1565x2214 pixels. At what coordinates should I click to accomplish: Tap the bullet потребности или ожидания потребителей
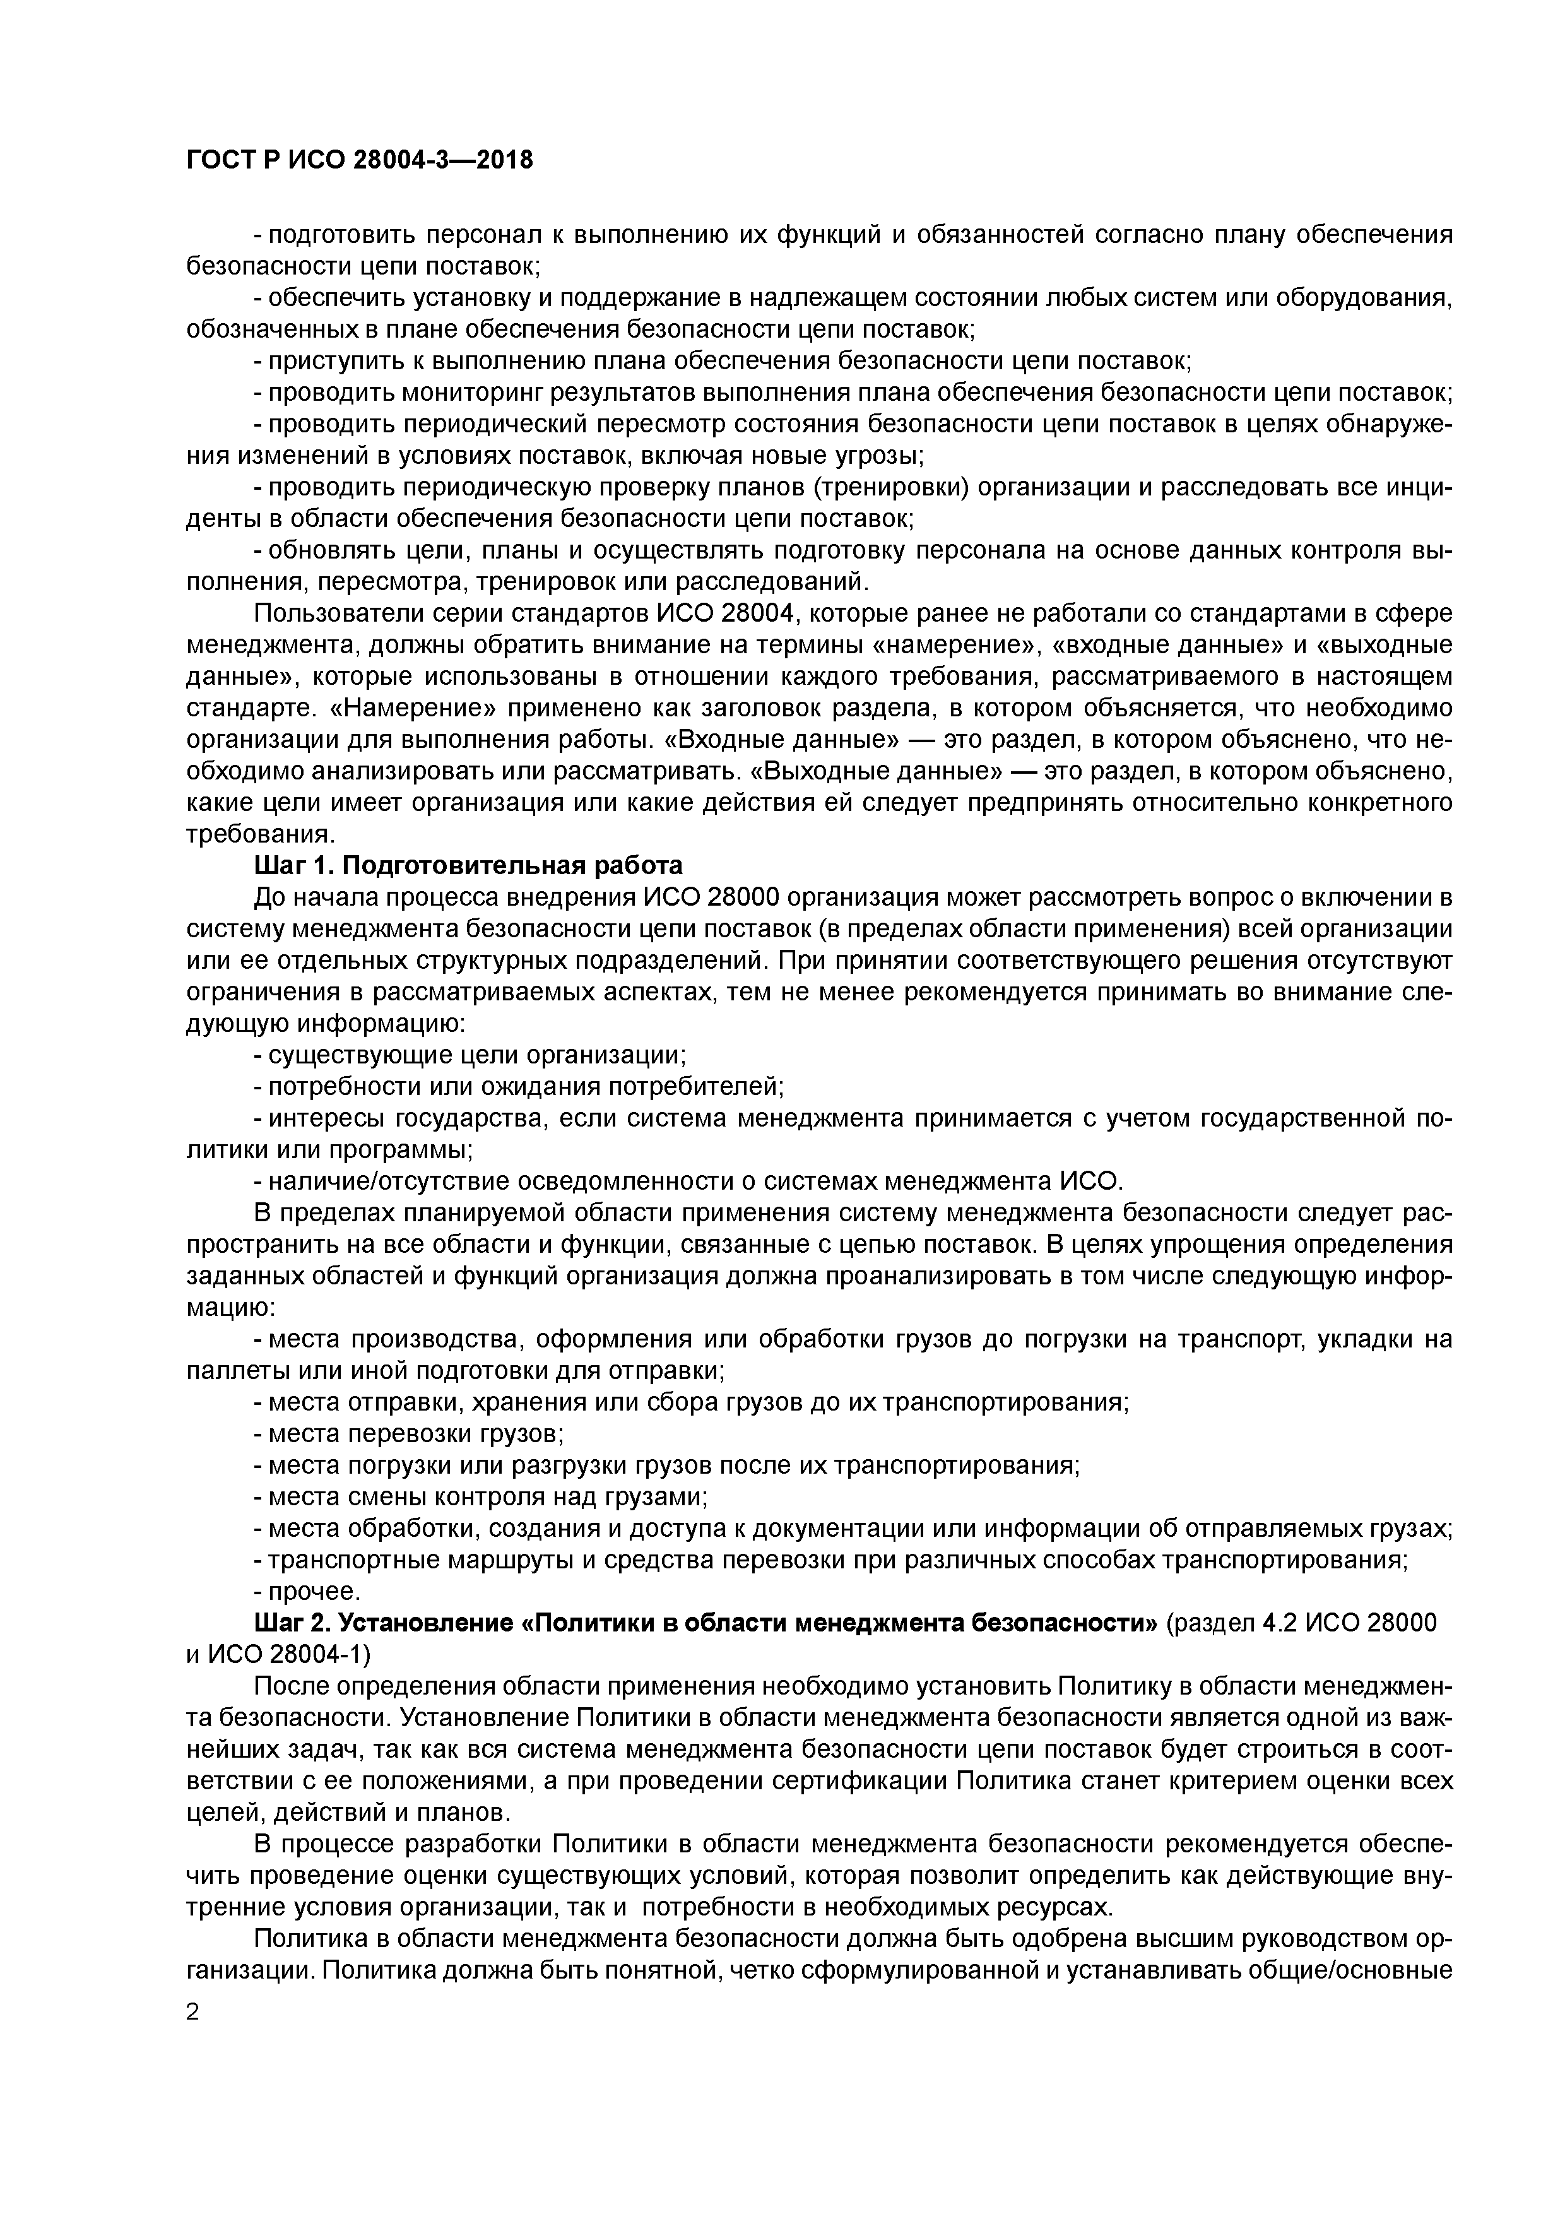point(519,1087)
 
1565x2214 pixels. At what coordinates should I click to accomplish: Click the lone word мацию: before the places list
point(230,1308)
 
